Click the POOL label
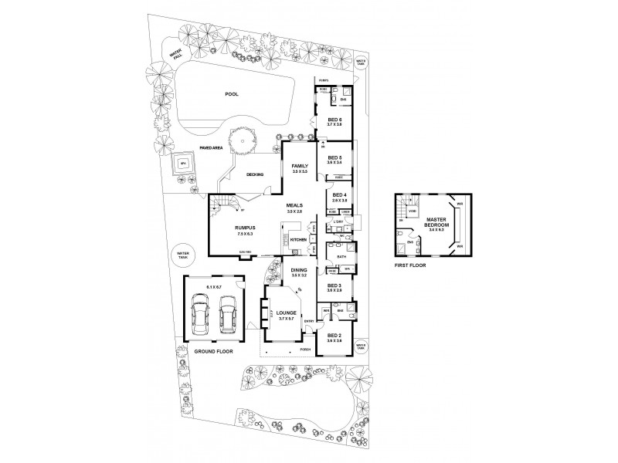click(231, 94)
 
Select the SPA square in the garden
click(184, 164)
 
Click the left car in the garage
click(200, 317)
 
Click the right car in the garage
click(226, 317)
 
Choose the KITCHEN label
click(299, 240)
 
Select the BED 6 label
click(334, 120)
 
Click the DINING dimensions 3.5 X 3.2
click(299, 275)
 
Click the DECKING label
click(255, 174)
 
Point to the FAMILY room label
click(299, 166)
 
